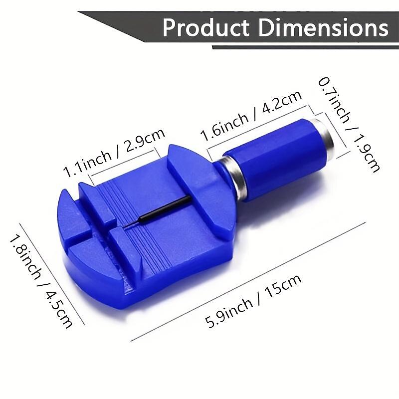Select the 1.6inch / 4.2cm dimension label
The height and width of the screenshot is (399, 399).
(251, 116)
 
